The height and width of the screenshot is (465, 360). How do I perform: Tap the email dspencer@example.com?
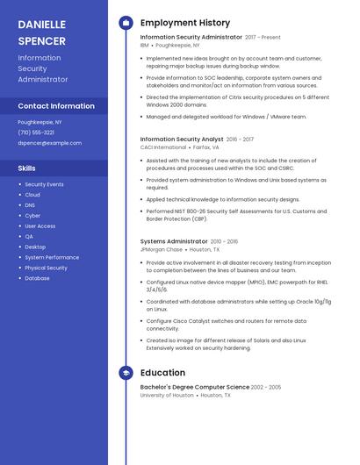click(x=49, y=143)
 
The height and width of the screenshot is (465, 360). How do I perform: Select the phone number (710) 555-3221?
click(x=36, y=132)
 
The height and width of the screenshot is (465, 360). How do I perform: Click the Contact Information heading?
click(x=56, y=106)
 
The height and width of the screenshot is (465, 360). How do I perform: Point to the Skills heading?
click(x=27, y=168)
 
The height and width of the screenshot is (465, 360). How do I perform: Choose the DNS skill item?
click(x=30, y=205)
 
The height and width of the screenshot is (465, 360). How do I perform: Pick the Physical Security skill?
click(x=46, y=268)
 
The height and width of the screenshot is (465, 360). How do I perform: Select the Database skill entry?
click(x=37, y=278)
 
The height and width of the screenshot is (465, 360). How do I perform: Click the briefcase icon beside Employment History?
click(x=126, y=23)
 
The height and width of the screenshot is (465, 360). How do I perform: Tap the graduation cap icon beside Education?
click(x=126, y=373)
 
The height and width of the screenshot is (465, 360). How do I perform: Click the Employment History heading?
click(x=184, y=23)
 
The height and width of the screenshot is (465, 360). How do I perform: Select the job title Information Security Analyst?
click(x=182, y=139)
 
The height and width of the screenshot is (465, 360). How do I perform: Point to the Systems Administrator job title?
click(x=174, y=240)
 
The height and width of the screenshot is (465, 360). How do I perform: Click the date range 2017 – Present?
click(x=263, y=38)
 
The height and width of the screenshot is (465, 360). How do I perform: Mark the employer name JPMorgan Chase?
click(x=162, y=249)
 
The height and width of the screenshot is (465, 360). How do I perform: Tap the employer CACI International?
click(x=163, y=147)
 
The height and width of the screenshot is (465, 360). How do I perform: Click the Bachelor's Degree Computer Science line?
click(x=194, y=387)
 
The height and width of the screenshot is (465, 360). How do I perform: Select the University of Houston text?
click(x=167, y=396)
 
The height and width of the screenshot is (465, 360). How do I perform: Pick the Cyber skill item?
click(x=32, y=216)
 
